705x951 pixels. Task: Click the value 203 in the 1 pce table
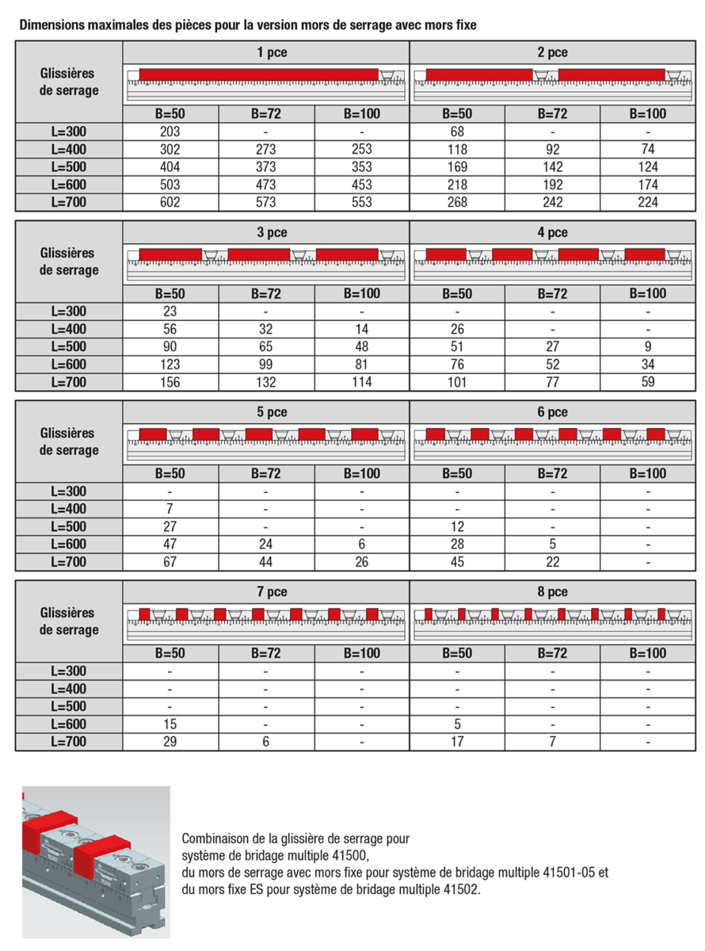pyautogui.click(x=170, y=132)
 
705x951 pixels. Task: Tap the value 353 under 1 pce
pyautogui.click(x=361, y=167)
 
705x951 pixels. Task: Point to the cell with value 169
pyautogui.click(x=457, y=167)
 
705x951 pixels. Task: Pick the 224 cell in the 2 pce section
pyautogui.click(x=648, y=202)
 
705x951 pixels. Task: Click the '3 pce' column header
pyautogui.click(x=265, y=233)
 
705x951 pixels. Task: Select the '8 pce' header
pyautogui.click(x=552, y=592)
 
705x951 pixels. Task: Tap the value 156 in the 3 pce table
pyautogui.click(x=170, y=382)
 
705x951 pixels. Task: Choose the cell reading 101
pyautogui.click(x=457, y=382)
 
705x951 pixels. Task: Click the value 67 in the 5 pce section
pyautogui.click(x=170, y=562)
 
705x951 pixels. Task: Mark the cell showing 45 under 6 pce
pyautogui.click(x=457, y=562)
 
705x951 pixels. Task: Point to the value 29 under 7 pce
pyautogui.click(x=170, y=742)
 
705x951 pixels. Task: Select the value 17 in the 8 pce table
pyautogui.click(x=457, y=742)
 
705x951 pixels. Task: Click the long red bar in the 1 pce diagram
pyautogui.click(x=258, y=74)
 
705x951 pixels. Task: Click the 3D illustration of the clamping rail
pyautogui.click(x=96, y=862)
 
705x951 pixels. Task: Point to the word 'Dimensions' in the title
pyautogui.click(x=50, y=25)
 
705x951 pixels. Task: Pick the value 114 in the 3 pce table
pyautogui.click(x=361, y=382)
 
